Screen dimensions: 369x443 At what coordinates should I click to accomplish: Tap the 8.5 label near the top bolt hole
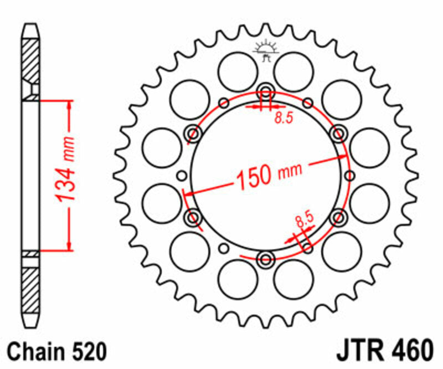[282, 117]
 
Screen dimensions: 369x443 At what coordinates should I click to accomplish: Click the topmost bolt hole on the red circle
[265, 92]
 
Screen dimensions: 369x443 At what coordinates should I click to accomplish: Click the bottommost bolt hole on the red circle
[265, 259]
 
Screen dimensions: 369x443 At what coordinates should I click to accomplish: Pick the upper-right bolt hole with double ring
[337, 133]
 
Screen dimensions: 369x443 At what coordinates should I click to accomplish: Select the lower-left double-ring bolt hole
[194, 217]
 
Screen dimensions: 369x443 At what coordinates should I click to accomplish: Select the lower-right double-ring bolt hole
[337, 217]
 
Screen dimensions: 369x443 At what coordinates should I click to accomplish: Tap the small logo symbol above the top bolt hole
[265, 52]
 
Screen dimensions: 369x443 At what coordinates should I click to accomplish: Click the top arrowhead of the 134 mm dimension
[69, 105]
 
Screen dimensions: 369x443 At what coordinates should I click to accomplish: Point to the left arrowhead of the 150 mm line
[187, 194]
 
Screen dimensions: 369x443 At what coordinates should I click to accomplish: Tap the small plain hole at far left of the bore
[181, 176]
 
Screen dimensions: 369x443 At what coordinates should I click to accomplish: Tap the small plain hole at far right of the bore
[351, 176]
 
